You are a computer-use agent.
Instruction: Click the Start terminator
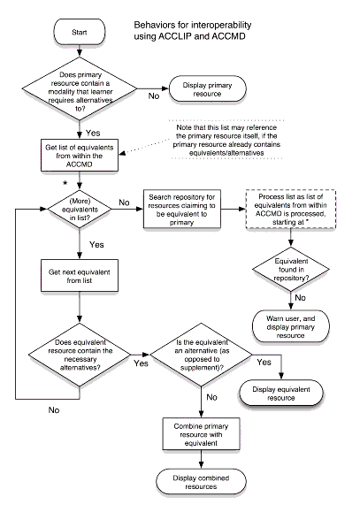tap(80, 33)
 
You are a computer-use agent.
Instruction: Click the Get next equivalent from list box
tap(80, 281)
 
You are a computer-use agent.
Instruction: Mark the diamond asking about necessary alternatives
tap(80, 360)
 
